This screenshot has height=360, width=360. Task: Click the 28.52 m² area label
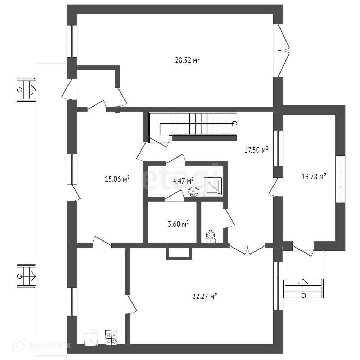click(187, 60)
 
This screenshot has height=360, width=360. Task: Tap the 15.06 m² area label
click(117, 179)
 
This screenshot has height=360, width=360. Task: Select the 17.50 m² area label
click(256, 150)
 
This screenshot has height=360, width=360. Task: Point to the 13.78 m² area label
click(314, 176)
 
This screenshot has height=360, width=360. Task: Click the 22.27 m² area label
click(204, 297)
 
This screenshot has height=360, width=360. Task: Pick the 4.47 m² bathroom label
click(183, 181)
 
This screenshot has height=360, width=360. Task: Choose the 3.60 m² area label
click(179, 224)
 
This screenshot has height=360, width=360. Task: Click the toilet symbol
click(210, 236)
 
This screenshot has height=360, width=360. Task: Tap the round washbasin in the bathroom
click(194, 192)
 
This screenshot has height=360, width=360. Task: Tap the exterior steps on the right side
click(303, 288)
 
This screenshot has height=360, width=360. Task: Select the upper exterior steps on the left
click(26, 90)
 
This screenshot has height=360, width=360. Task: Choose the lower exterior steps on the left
click(26, 276)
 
